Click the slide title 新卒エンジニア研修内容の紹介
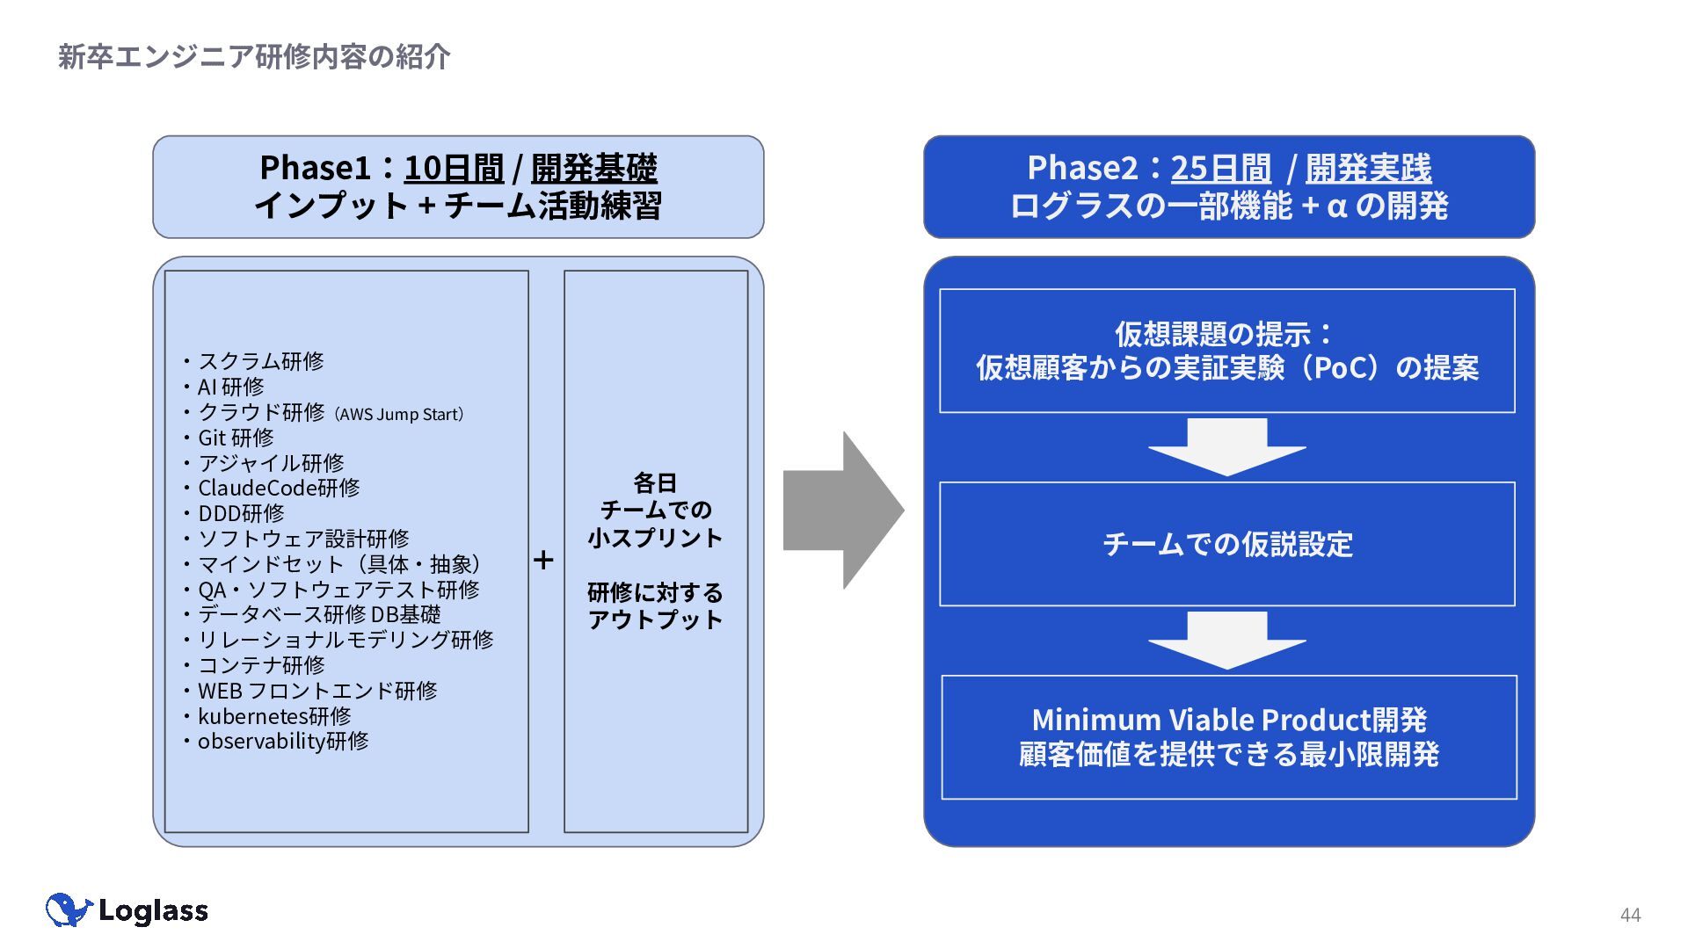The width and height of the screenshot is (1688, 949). point(254,57)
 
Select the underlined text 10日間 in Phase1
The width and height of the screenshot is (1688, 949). point(454,168)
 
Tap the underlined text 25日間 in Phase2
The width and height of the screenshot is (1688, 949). point(1221,168)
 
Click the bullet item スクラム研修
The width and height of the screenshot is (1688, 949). point(261,361)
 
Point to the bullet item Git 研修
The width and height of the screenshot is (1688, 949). point(236,438)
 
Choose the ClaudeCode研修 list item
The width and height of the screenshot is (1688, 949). point(279,488)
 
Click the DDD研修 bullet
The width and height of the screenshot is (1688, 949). point(241,513)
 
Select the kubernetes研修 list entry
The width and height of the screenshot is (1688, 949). point(274,716)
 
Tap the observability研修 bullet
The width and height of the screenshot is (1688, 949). point(283,742)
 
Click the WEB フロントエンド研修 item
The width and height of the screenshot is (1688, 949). point(317,691)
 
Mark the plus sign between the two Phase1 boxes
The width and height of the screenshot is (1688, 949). point(543,560)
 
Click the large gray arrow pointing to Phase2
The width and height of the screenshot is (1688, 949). point(843,511)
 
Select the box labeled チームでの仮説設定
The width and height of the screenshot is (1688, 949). point(1227,544)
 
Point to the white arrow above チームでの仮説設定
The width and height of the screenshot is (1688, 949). point(1227,447)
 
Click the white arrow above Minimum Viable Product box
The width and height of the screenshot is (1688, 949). point(1227,641)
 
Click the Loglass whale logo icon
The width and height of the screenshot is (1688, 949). point(69,910)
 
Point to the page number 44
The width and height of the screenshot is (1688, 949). point(1630,916)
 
